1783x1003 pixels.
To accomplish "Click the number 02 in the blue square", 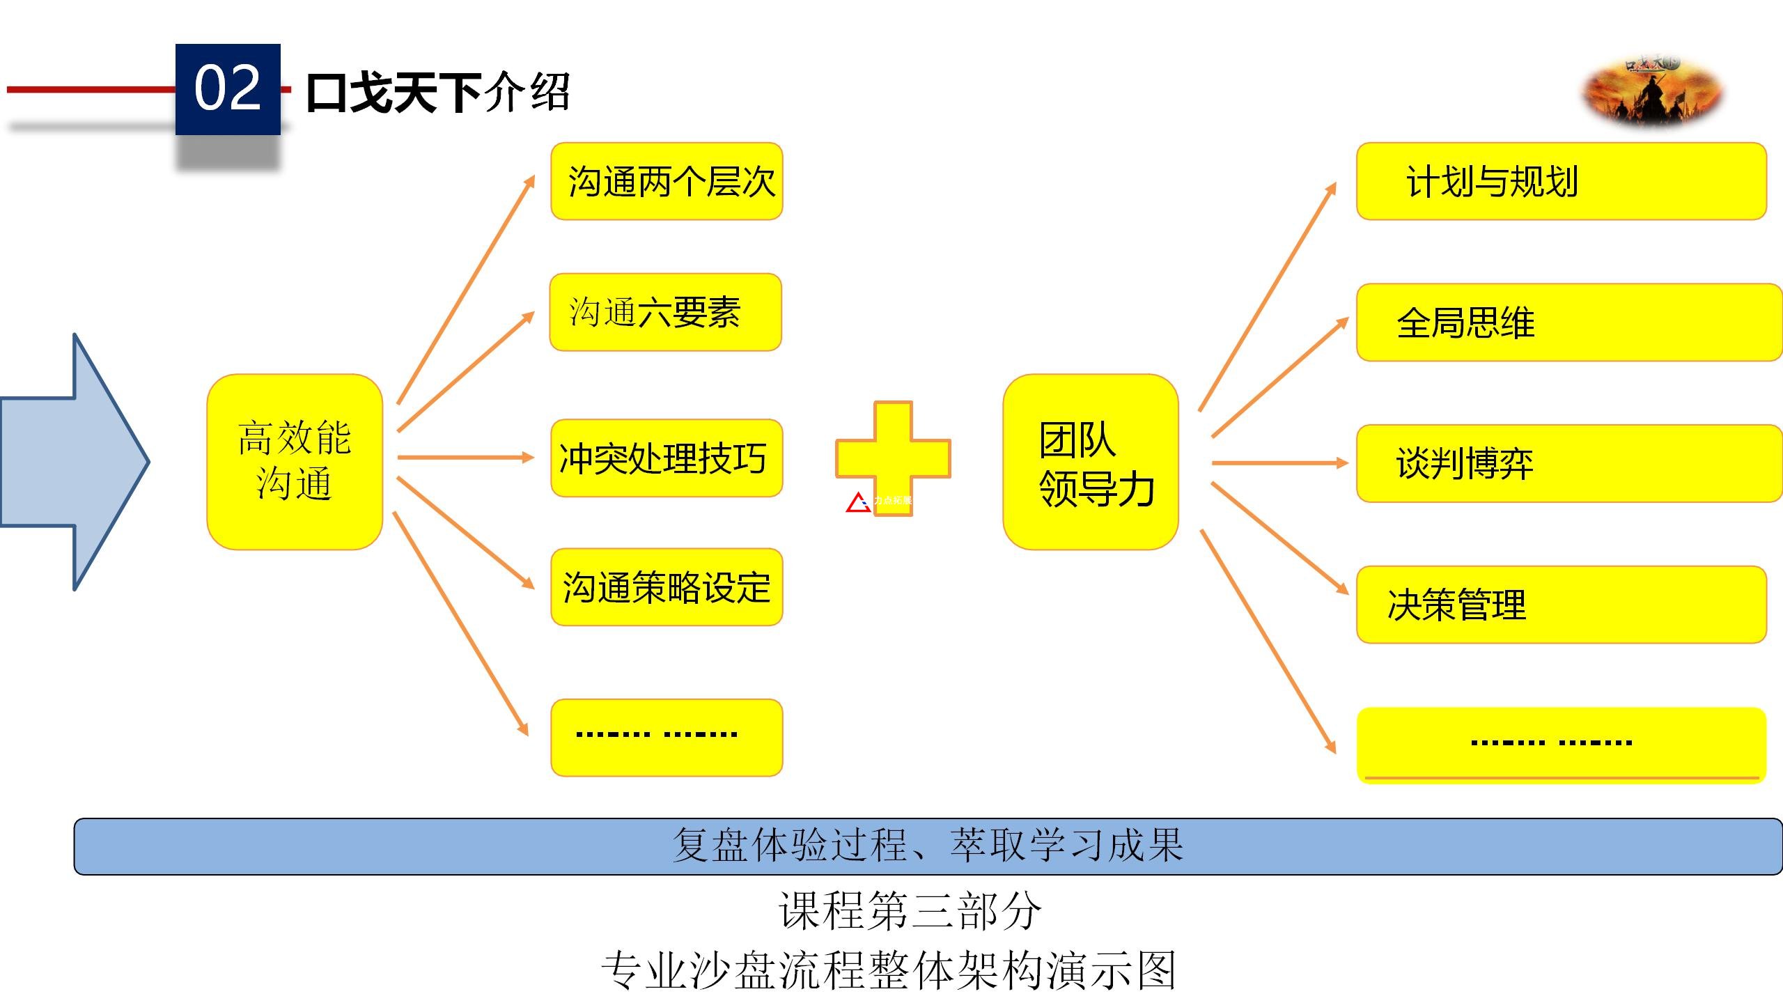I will click(227, 88).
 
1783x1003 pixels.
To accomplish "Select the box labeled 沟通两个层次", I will click(667, 182).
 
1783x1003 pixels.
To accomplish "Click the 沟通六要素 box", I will click(665, 312).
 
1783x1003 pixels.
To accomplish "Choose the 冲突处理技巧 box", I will click(667, 458).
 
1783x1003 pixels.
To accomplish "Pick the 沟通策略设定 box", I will click(667, 587).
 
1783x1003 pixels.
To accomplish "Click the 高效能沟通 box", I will click(295, 462).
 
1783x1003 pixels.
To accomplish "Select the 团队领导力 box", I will click(1090, 462).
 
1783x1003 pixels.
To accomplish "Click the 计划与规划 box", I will click(1561, 182).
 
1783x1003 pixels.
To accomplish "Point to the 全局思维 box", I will click(1567, 322).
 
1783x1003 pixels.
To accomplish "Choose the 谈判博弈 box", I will click(1567, 463).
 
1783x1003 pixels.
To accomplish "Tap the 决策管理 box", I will click(1561, 605).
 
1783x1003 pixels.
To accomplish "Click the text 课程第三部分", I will click(910, 910).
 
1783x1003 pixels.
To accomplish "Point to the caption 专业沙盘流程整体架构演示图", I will click(889, 970).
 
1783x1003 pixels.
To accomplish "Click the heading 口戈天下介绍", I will click(438, 93).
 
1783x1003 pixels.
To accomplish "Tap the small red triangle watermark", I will click(858, 502).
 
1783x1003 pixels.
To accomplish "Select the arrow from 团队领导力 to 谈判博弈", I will click(1279, 462).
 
